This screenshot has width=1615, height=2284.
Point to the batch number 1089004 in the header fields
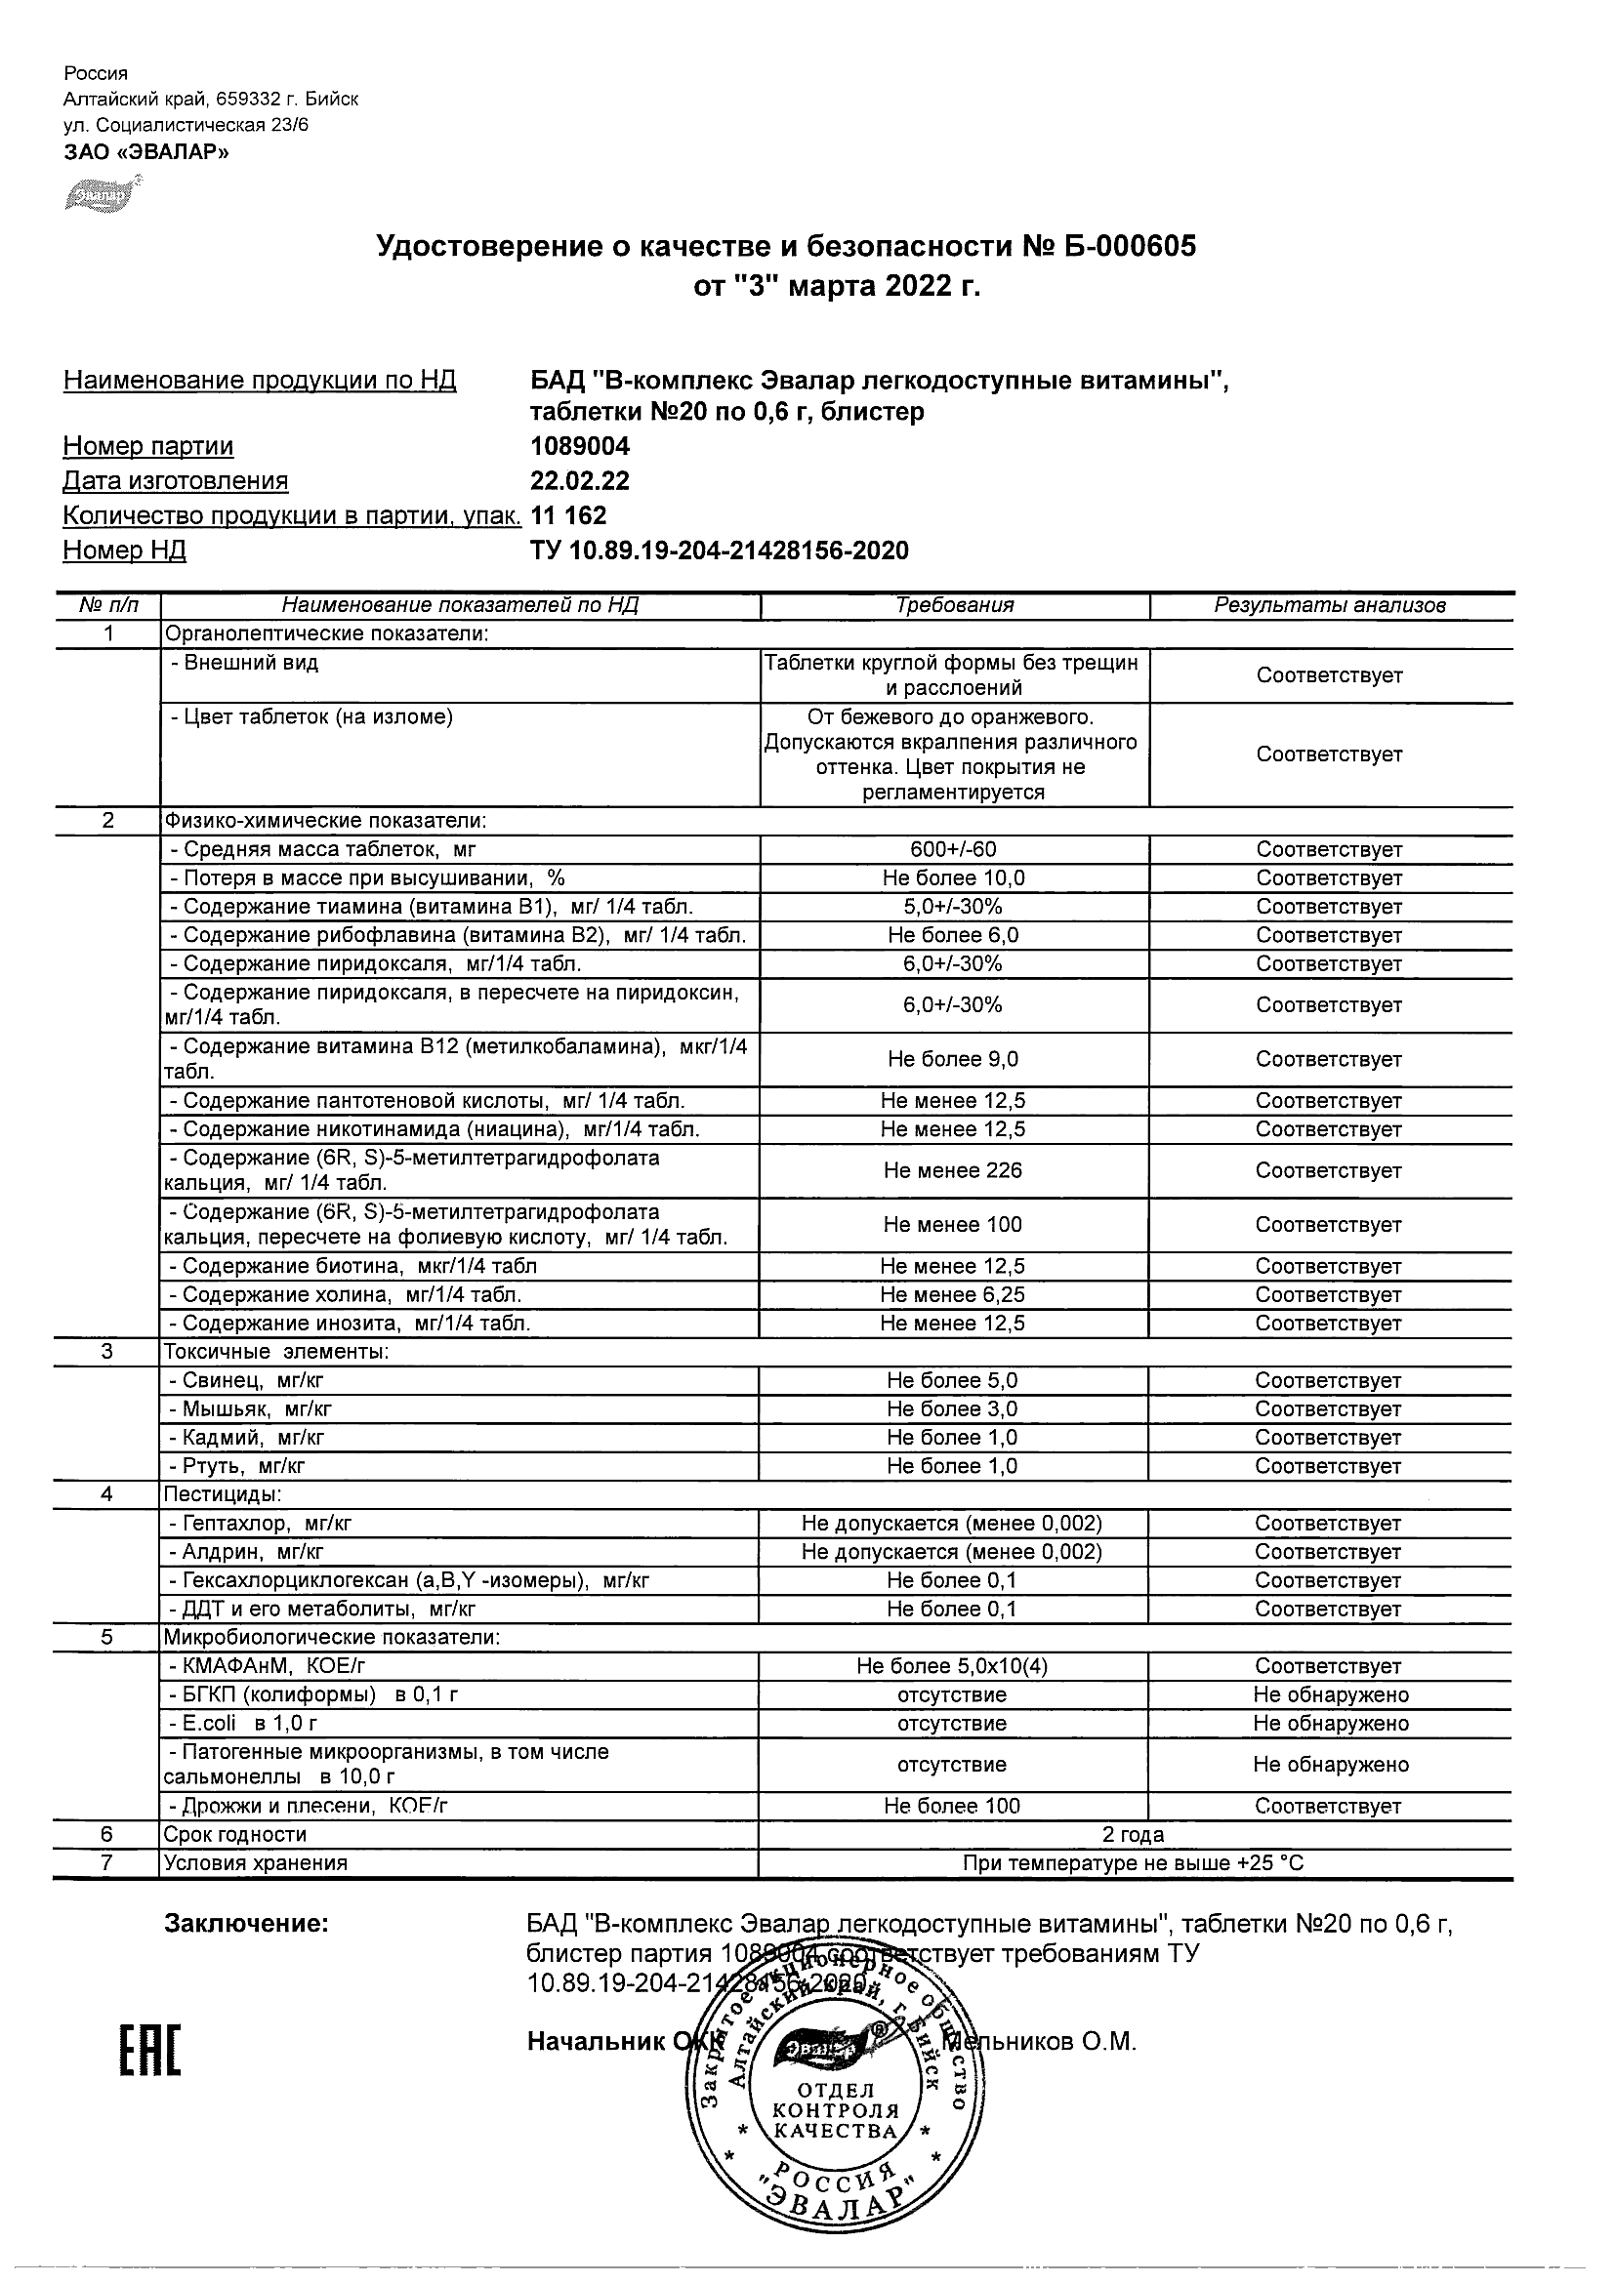(580, 446)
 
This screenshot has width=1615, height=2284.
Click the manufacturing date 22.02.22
(580, 480)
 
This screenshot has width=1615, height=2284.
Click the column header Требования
(954, 605)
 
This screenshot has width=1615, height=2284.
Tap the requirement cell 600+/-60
(953, 849)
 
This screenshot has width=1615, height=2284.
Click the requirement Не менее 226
(953, 1170)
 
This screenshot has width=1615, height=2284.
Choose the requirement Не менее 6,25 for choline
(953, 1294)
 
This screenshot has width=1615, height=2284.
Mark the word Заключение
(246, 1924)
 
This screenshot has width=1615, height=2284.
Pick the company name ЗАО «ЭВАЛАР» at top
(146, 152)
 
